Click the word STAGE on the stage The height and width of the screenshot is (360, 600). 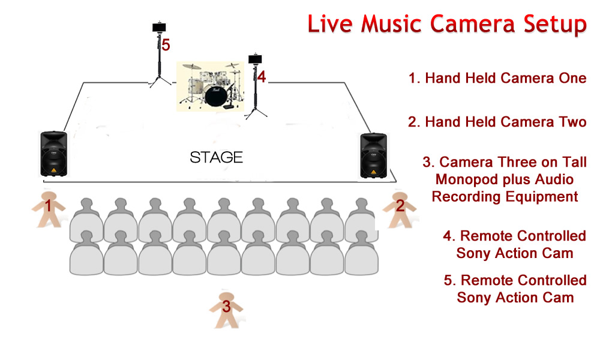[x=216, y=157]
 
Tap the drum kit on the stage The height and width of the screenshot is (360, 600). [x=210, y=86]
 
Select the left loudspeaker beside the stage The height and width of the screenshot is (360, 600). [x=54, y=154]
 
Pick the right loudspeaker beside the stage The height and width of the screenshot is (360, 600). [x=373, y=155]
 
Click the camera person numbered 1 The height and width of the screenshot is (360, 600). [x=48, y=209]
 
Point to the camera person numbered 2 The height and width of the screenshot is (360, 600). [x=400, y=209]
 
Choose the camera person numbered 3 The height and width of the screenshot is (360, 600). [x=226, y=310]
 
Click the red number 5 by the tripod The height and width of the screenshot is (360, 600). [x=166, y=45]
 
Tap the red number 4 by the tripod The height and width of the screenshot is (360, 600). [x=262, y=77]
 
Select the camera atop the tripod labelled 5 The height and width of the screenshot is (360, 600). [x=159, y=28]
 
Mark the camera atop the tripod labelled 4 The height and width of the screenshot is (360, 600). [x=255, y=59]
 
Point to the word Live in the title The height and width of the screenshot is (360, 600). [x=330, y=24]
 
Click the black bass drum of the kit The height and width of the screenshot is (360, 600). [x=216, y=95]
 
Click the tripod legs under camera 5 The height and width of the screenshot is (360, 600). [x=160, y=81]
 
